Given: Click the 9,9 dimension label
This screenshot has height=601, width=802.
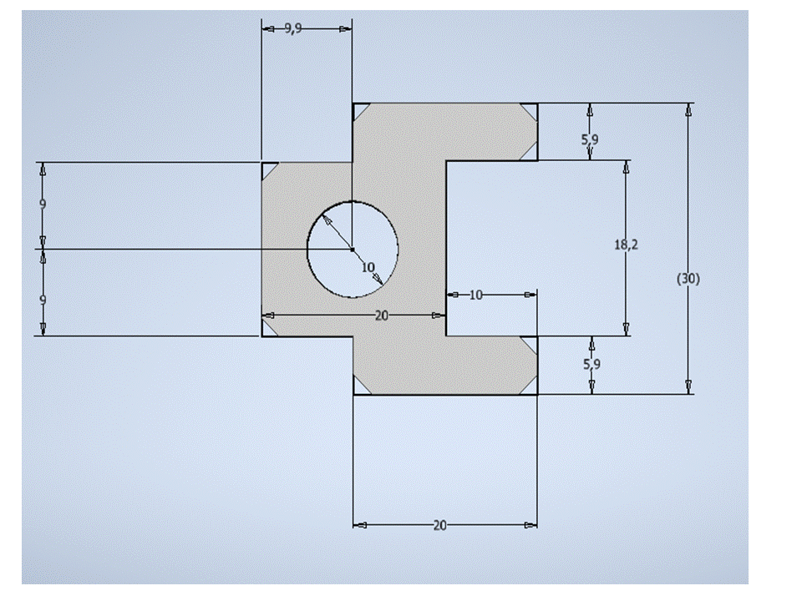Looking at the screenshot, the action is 292,28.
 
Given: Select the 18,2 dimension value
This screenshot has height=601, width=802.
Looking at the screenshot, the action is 626,245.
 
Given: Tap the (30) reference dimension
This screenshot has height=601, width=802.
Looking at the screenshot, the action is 688,279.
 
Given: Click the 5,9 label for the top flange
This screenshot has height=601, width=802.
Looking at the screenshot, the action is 591,139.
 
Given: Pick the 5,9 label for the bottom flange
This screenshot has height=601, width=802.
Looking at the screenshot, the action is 591,364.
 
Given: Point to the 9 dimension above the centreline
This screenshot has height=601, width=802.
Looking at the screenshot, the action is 43,205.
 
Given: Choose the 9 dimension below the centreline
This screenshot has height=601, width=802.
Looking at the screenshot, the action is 43,300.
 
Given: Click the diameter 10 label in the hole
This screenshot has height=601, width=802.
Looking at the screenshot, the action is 368,267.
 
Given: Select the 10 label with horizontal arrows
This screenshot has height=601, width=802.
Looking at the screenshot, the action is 475,295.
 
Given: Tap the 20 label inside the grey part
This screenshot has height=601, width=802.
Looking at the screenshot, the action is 382,316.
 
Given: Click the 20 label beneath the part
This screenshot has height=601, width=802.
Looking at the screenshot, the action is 440,525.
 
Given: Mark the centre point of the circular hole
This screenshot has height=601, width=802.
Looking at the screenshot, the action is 353,250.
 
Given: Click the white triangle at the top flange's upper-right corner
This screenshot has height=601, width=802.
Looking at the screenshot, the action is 531,110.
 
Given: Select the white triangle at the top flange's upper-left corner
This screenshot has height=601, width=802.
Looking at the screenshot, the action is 359,110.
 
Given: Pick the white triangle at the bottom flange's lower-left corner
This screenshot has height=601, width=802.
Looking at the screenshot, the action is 359,388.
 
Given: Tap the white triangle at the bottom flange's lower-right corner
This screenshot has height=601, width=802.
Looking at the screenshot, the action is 531,388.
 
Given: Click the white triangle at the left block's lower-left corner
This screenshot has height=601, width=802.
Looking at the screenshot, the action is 267,330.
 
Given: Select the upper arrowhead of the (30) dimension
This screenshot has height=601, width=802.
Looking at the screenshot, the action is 689,109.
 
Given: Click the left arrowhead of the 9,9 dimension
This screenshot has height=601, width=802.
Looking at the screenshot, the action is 268,29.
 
